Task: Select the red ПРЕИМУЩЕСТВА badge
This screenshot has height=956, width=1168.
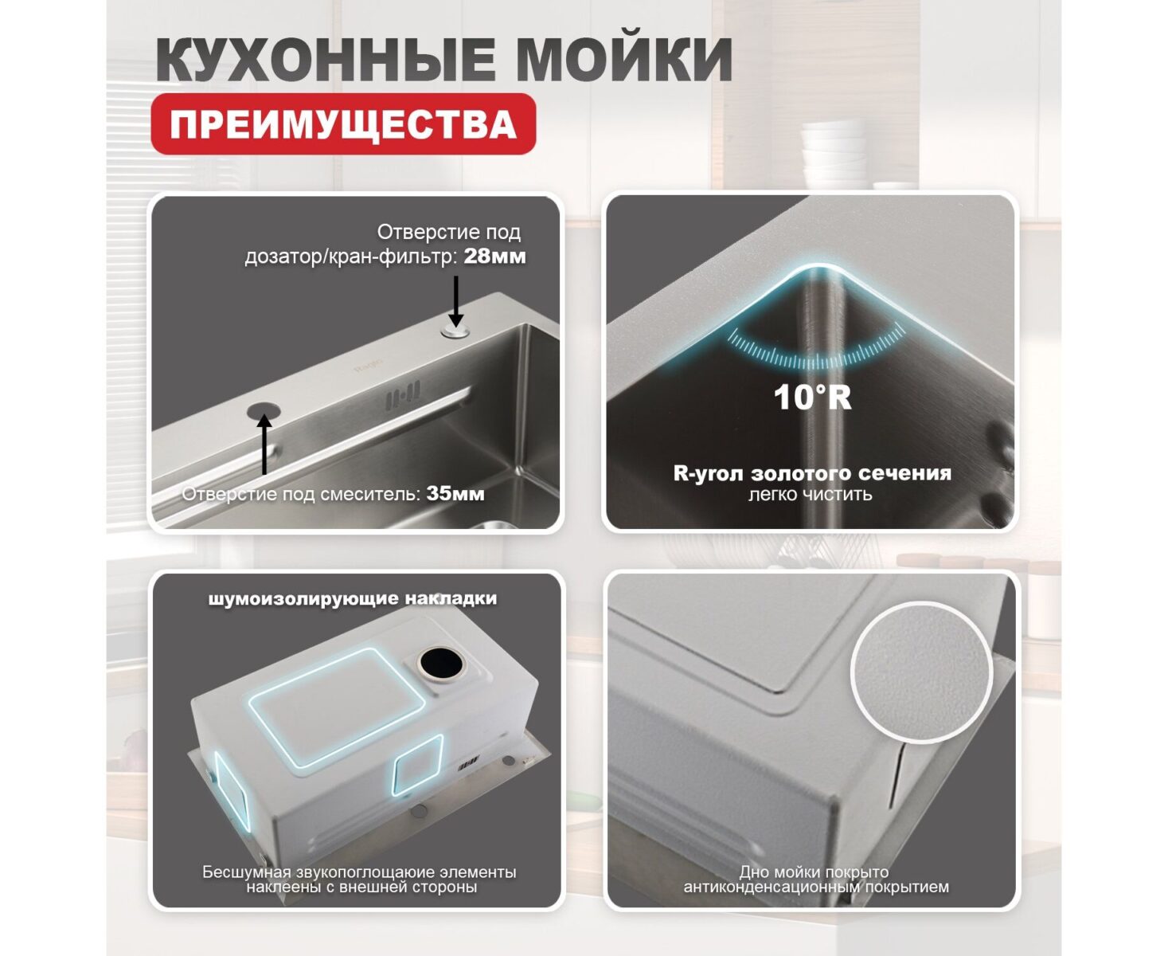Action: coord(343,125)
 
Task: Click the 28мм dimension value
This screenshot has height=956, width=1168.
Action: coord(494,257)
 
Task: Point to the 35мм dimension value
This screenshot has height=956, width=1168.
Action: coord(455,494)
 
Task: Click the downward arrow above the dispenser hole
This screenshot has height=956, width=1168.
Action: coord(455,301)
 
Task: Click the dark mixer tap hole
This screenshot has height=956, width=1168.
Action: coord(264,409)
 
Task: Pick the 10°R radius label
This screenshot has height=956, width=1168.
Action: coord(812,397)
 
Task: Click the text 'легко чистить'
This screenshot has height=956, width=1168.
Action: coord(810,495)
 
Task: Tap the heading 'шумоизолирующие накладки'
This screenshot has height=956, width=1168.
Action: coord(353,598)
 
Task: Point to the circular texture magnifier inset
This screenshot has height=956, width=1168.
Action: coord(921,672)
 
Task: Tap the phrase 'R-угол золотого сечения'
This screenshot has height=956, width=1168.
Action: coord(812,473)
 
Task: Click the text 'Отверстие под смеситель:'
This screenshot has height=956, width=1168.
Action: coord(301,494)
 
